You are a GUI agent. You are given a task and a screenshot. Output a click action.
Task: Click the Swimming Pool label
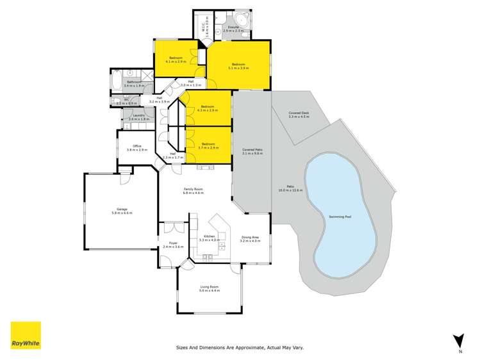340,217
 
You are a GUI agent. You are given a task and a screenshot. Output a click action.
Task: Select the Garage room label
120,209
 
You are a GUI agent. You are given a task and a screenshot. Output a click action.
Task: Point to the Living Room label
210,288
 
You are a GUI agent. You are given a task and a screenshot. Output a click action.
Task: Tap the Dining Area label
250,238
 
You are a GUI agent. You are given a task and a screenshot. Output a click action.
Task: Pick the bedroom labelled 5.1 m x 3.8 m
238,65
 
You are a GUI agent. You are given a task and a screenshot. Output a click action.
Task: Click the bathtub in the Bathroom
116,81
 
